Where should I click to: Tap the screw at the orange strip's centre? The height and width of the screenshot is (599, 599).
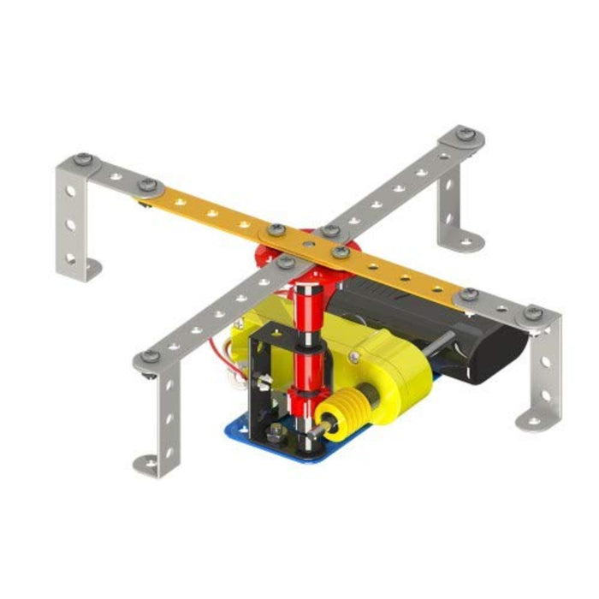click(x=341, y=251)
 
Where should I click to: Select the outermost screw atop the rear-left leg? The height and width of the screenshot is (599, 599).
click(x=82, y=158)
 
